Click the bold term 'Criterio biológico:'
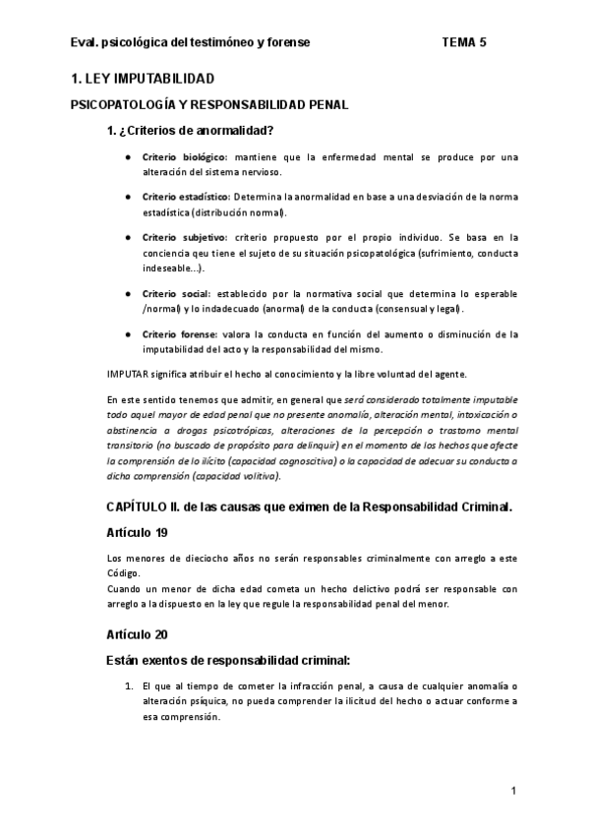(185, 157)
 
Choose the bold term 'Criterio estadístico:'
(187, 198)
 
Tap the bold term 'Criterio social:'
(176, 294)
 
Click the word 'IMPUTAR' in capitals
(127, 374)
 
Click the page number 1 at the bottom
(513, 791)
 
